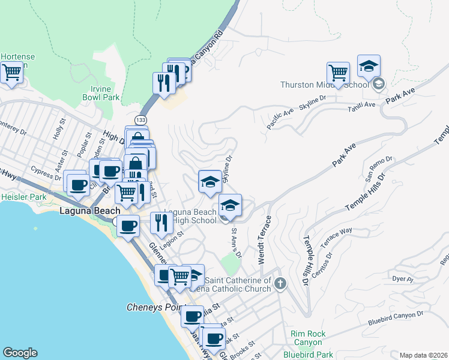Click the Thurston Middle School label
pyautogui.click(x=324, y=85)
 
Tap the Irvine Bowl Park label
pyautogui.click(x=101, y=92)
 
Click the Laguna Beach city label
pyautogui.click(x=89, y=211)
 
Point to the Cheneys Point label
pyautogui.click(x=152, y=307)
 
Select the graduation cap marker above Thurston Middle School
pyautogui.click(x=369, y=65)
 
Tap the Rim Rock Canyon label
pyautogui.click(x=308, y=334)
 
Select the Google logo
pyautogui.click(x=20, y=353)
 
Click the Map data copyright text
pyautogui.click(x=424, y=355)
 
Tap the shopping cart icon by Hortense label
pyautogui.click(x=12, y=73)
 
